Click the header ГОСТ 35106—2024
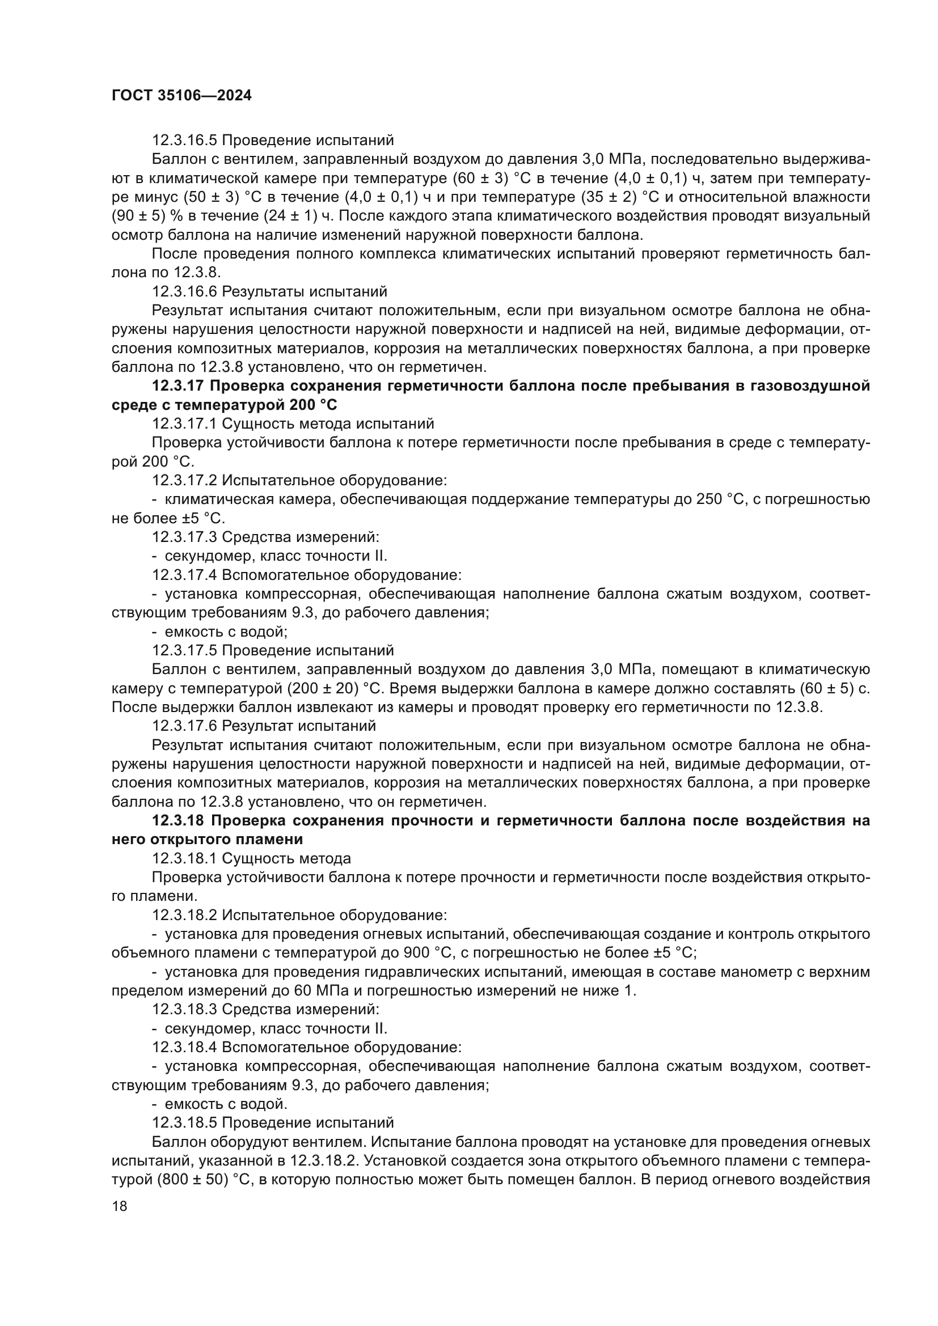pyautogui.click(x=181, y=96)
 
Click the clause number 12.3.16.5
pyautogui.click(x=184, y=141)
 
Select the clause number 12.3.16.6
pyautogui.click(x=184, y=291)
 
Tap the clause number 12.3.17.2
pyautogui.click(x=184, y=481)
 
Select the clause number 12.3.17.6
pyautogui.click(x=184, y=726)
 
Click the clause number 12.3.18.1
pyautogui.click(x=184, y=858)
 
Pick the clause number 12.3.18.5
pyautogui.click(x=184, y=1122)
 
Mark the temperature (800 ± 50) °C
pyautogui.click(x=197, y=1180)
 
